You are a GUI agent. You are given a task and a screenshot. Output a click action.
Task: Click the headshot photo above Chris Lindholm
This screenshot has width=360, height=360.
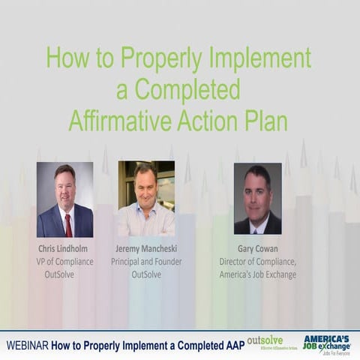coord(64,199)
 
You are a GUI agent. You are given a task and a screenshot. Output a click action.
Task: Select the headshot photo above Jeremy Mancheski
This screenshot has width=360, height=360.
coord(146,199)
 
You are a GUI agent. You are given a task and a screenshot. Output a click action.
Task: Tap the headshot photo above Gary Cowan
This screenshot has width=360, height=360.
coord(257,199)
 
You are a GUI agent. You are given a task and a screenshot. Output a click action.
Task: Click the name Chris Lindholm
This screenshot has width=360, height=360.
coord(64,248)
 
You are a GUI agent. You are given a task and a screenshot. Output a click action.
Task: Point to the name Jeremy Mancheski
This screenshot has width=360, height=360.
coord(146,248)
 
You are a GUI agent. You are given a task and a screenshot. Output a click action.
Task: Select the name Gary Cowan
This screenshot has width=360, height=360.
coord(258,248)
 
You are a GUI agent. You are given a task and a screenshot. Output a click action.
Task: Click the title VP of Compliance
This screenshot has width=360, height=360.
coord(64,262)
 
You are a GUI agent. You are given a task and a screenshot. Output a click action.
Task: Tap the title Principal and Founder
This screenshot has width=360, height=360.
coord(146,262)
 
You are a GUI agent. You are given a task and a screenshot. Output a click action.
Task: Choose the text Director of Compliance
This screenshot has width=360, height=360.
coord(258,262)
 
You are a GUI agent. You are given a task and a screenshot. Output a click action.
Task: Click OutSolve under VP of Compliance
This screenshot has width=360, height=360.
coord(59,274)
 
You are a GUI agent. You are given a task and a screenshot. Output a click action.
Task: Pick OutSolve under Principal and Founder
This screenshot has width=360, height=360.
coord(146,274)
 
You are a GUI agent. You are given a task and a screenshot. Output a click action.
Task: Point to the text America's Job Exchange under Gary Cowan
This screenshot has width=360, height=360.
coord(258,274)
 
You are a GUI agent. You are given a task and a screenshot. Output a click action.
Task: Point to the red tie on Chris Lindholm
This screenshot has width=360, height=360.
coord(68,224)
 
